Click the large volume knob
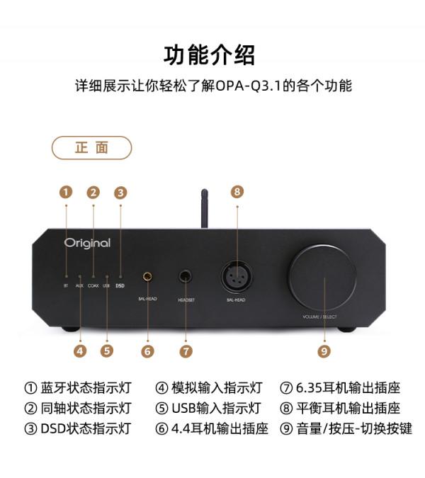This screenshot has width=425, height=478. coord(322,278)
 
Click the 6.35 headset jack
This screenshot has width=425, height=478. coord(186,277)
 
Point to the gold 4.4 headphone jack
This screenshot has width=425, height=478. coord(148,277)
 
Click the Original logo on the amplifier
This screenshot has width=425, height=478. coord(87,243)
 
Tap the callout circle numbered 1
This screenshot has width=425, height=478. coord(66,192)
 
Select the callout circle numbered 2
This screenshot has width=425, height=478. coord(93,192)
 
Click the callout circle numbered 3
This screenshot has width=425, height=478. coord(120,192)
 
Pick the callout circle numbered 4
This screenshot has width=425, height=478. coord(80,350)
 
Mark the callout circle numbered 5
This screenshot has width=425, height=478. coord(107,350)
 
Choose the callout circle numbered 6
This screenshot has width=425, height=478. coord(147,350)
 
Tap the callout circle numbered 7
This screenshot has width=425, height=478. coord(186,350)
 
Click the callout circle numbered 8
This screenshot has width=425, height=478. coord(237,191)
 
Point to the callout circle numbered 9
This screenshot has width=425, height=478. coord(324,350)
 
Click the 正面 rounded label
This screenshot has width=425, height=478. coord(92,147)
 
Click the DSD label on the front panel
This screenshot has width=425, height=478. coord(120,287)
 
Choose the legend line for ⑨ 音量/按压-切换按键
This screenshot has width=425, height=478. coord(346,428)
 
